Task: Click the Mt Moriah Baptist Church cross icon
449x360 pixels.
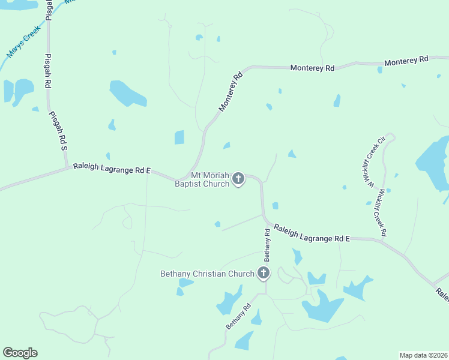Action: click(x=238, y=178)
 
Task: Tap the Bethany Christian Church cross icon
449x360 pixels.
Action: click(x=263, y=274)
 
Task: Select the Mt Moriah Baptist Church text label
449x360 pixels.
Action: click(x=202, y=179)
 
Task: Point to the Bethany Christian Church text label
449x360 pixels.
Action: click(x=208, y=274)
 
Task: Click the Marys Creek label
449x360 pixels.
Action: click(x=23, y=41)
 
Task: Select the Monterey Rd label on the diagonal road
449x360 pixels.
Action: click(x=231, y=92)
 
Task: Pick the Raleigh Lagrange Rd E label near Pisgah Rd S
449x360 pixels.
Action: click(x=112, y=169)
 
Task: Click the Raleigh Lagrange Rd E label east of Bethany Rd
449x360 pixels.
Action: click(x=312, y=233)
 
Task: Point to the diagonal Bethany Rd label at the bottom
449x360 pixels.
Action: click(x=238, y=316)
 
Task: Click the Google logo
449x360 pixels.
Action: click(x=20, y=353)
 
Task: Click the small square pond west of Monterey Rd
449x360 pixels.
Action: click(x=179, y=137)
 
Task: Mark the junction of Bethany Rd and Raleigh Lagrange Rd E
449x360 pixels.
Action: click(x=264, y=219)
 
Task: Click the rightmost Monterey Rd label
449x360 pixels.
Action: click(x=406, y=60)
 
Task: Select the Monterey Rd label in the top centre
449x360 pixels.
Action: click(x=312, y=68)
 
